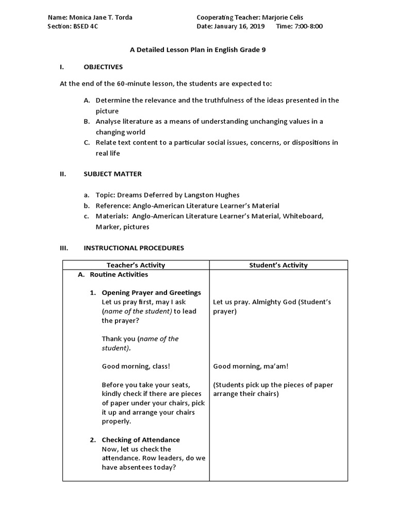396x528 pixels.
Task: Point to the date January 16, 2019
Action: tap(239, 26)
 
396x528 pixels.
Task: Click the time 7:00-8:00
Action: tap(308, 26)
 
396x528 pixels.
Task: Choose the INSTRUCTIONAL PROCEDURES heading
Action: tap(134, 248)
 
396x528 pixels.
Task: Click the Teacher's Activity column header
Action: tap(136, 265)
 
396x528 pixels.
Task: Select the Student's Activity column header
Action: tap(278, 265)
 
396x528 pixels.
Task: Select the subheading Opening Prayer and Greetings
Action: tap(151, 293)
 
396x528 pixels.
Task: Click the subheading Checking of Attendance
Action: tap(141, 440)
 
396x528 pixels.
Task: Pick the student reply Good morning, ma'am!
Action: tap(251, 367)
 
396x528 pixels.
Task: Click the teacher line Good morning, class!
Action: tap(136, 367)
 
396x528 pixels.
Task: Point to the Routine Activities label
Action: tap(119, 275)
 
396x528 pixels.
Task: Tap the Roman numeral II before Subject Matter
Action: tap(63, 174)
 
